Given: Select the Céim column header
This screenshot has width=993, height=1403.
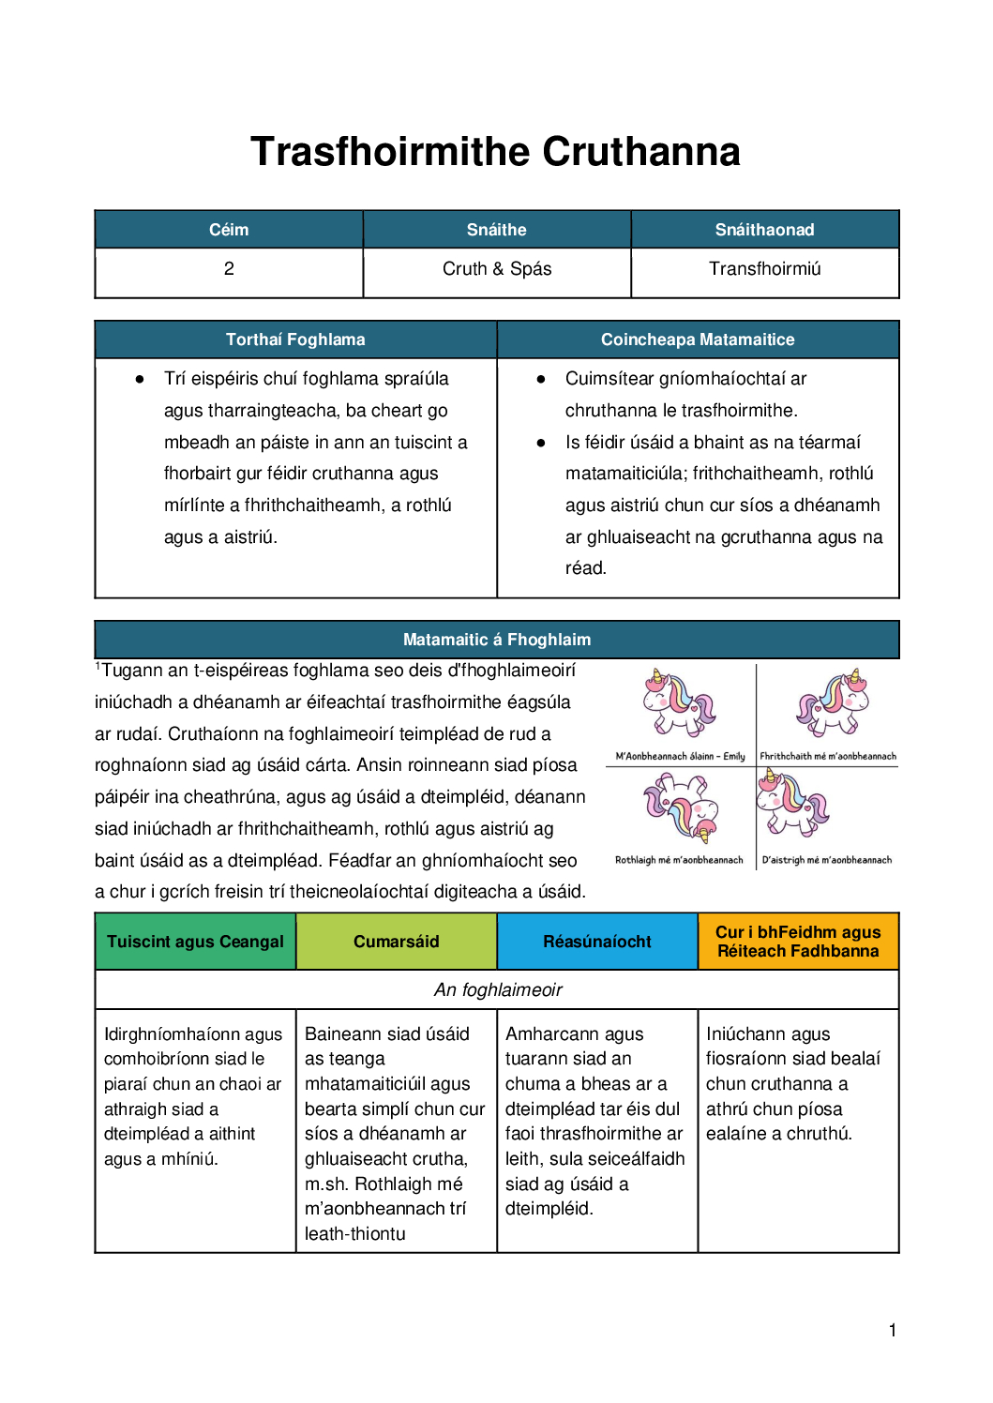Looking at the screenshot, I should [229, 230].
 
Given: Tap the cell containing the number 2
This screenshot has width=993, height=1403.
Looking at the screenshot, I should [229, 269].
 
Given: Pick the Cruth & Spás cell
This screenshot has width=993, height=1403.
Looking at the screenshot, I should [496, 269].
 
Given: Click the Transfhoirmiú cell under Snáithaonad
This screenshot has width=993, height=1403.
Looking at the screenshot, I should [764, 269].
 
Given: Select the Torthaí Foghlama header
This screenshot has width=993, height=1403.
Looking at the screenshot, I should [295, 339].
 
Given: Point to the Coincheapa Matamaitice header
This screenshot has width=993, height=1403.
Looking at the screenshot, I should [697, 339].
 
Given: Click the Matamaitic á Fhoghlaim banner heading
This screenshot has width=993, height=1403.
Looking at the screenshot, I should [496, 640].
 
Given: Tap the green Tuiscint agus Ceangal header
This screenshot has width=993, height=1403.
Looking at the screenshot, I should [195, 942].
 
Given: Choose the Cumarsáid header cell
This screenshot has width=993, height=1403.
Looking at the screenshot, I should [396, 942].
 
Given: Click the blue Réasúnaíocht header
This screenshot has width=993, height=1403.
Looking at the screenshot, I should [596, 942].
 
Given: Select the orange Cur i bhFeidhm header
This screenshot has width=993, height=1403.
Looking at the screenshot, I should [798, 942].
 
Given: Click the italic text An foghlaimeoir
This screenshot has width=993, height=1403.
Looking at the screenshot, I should [498, 990].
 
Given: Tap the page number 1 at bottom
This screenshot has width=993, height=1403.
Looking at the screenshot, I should [892, 1330].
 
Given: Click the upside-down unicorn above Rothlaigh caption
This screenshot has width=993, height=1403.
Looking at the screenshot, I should [680, 807].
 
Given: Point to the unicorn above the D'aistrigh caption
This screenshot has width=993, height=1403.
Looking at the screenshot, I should [792, 802].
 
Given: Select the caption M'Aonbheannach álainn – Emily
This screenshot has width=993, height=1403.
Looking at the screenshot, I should [680, 756].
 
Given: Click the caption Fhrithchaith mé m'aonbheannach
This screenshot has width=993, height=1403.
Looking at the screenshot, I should [827, 756].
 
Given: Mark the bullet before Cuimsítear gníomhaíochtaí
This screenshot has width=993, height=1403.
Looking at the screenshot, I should [541, 379].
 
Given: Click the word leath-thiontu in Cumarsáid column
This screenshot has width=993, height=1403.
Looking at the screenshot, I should [355, 1234].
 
